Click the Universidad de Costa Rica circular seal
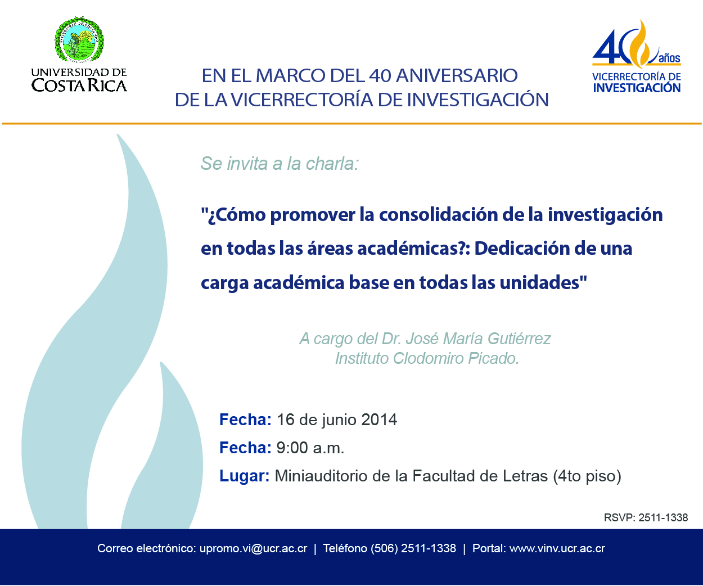79,39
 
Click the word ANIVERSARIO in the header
457,75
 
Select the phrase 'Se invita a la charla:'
280,164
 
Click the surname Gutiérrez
519,339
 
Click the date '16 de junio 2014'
337,420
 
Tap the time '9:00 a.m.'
310,448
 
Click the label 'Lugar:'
245,476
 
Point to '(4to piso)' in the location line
587,476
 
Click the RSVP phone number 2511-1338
663,517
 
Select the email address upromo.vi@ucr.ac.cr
253,549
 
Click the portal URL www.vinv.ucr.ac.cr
557,549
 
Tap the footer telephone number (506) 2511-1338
413,549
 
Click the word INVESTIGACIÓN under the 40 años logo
637,88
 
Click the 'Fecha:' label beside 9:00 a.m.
245,448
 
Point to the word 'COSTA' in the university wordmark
60,85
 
